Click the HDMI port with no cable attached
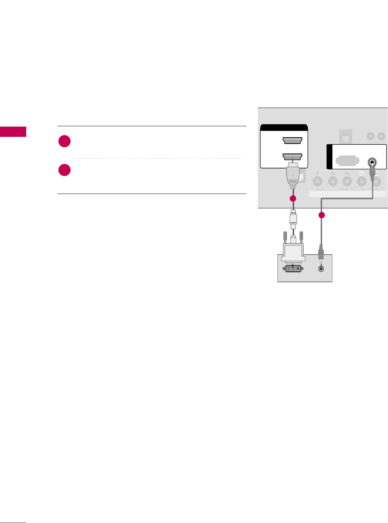click(292, 141)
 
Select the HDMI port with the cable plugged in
click(292, 157)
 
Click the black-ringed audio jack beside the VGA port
click(372, 163)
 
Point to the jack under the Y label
click(317, 182)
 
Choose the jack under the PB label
click(332, 182)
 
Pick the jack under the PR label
click(347, 182)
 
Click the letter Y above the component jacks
click(317, 173)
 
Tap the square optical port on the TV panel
click(345, 137)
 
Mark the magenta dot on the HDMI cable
click(293, 199)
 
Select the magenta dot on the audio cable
click(321, 215)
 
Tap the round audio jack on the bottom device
click(321, 268)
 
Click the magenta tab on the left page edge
click(13, 132)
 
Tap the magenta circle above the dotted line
click(64, 141)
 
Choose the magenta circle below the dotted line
click(64, 170)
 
